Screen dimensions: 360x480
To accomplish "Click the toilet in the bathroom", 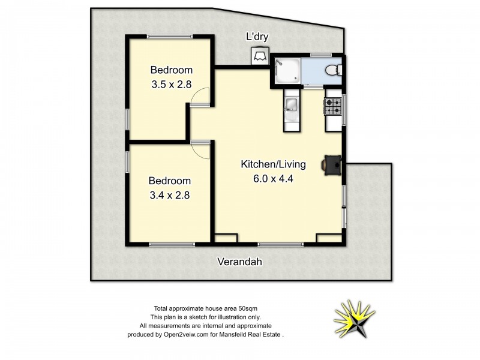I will tap(332, 71).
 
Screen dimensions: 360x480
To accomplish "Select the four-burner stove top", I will tap(333, 107).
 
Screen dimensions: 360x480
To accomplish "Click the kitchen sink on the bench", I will tap(291, 106).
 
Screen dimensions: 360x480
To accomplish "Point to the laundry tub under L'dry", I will tap(260, 55).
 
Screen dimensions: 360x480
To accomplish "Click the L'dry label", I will tap(257, 37).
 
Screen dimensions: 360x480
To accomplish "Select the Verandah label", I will tap(239, 262).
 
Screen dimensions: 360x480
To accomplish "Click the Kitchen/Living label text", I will tap(274, 164).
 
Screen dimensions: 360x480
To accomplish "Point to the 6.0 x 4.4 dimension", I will tap(274, 178).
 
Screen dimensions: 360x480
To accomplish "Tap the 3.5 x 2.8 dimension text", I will tap(170, 85).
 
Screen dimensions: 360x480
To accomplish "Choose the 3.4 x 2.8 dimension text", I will tap(169, 194).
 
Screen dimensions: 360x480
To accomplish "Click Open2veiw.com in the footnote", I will tap(184, 335).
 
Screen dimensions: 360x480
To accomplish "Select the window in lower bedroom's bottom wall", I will tap(172, 244).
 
